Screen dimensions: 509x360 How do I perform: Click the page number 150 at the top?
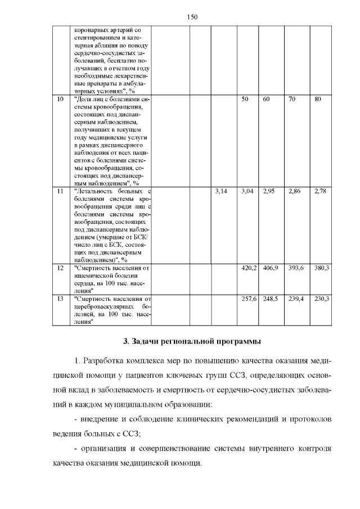(191, 16)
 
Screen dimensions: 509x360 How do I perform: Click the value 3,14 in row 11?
(221, 192)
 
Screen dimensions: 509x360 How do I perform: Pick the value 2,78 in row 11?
(320, 192)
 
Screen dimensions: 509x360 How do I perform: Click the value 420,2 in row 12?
(249, 268)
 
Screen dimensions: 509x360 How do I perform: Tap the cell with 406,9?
(271, 268)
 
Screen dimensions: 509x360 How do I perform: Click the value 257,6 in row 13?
(249, 298)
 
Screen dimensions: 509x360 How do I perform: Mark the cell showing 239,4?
(296, 298)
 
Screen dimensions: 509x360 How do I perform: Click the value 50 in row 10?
(245, 99)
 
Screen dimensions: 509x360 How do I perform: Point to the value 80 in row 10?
(318, 99)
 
